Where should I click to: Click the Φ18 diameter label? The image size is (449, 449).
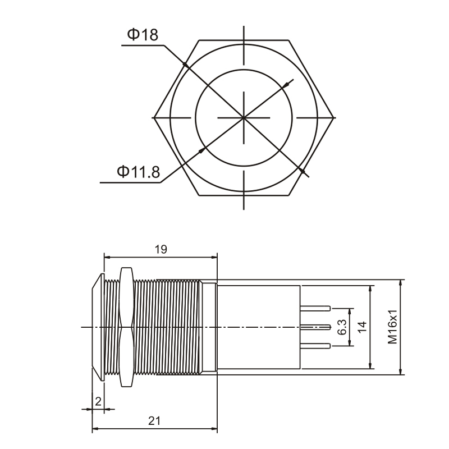coord(143,34)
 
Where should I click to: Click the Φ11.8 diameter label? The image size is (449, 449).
coord(138,172)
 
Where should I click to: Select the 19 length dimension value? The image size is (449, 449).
coord(161,249)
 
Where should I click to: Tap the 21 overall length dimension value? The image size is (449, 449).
coord(154,421)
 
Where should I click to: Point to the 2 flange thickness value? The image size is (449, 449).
coord(98,402)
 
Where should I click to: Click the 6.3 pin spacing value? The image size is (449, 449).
coord(342,327)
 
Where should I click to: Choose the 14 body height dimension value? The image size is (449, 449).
coord(362,327)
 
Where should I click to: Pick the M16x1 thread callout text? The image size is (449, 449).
coord(392,327)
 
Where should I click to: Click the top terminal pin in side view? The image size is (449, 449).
coord(315,308)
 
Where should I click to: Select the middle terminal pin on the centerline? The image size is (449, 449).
coord(315,327)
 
